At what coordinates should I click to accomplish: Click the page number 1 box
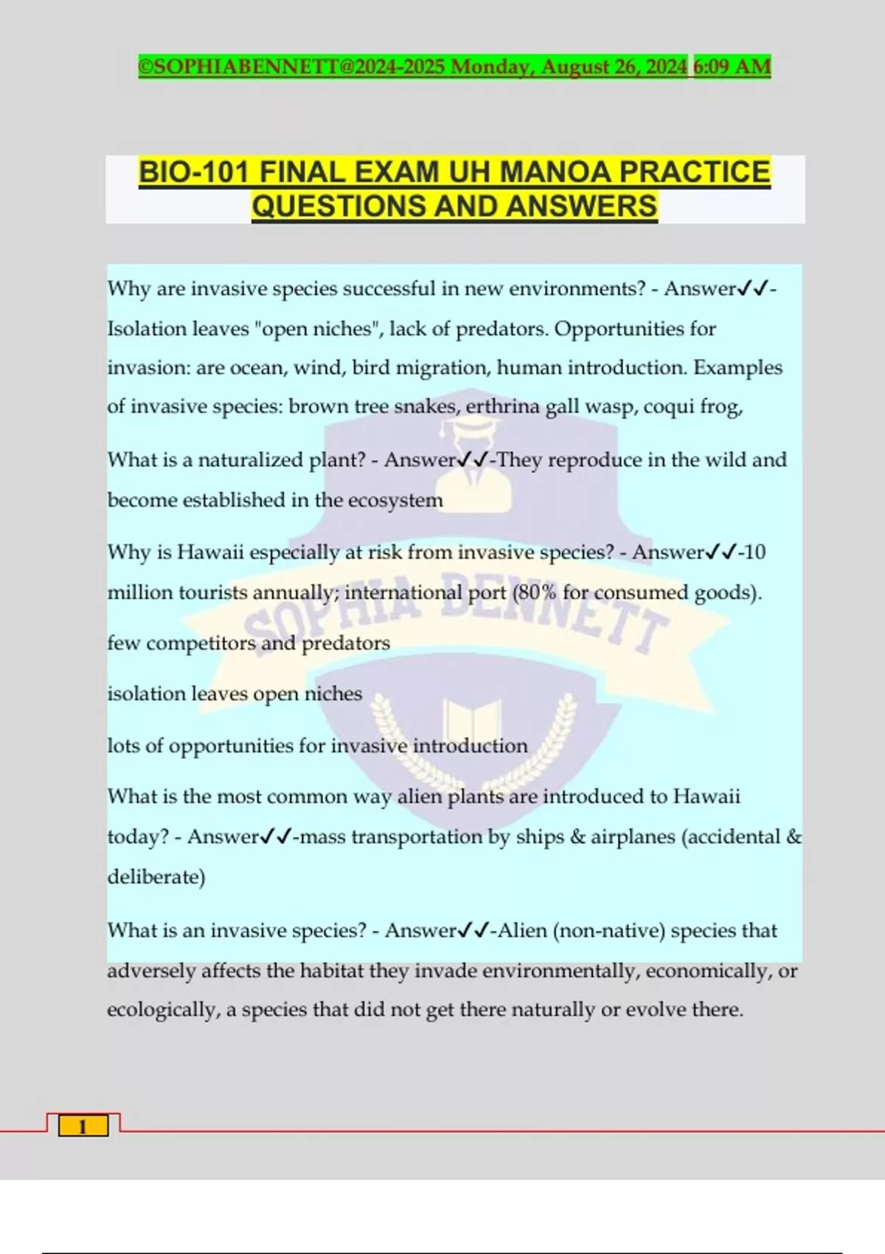pos(83,1126)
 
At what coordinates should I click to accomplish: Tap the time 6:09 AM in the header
pos(732,66)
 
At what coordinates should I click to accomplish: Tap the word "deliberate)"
pos(156,876)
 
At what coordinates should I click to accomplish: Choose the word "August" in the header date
pos(575,66)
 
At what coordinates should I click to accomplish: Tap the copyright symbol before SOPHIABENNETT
pos(145,66)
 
